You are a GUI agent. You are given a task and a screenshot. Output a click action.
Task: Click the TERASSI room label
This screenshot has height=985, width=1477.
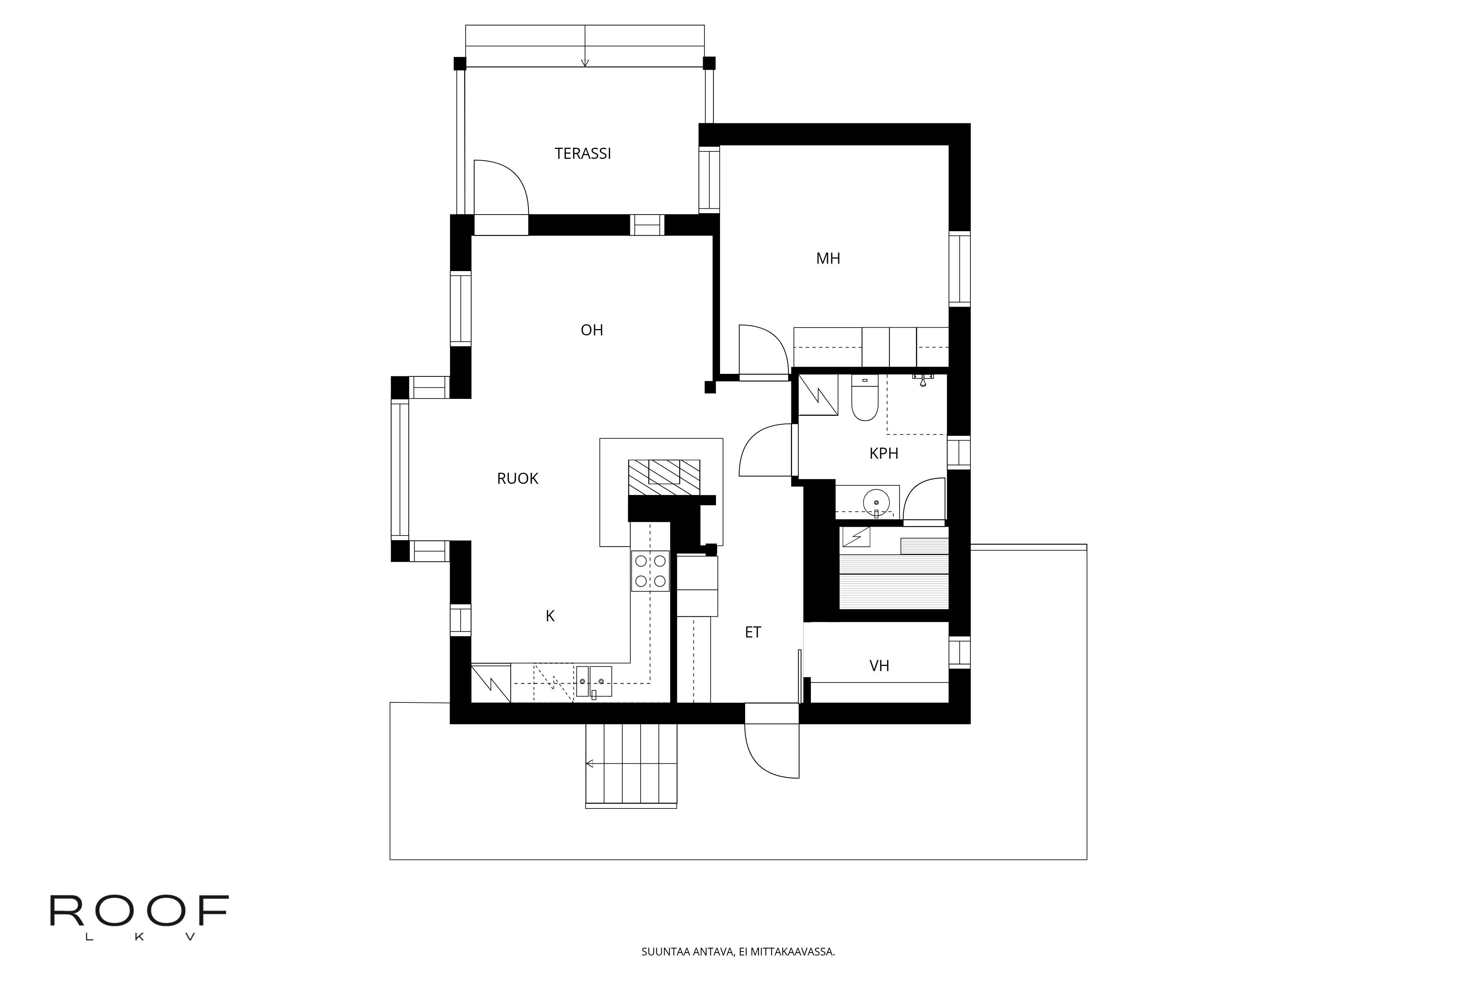[x=583, y=153]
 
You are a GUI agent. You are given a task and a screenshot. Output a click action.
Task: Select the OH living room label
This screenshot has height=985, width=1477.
[x=592, y=330]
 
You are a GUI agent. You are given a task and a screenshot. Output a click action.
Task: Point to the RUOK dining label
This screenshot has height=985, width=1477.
[x=517, y=479]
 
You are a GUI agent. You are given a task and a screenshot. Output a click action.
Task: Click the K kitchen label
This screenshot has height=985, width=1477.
[x=550, y=616]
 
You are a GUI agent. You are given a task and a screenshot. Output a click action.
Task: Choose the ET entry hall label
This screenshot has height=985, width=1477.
[x=753, y=633]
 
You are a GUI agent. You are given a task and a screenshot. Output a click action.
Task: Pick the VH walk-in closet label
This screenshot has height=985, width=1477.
[x=879, y=666]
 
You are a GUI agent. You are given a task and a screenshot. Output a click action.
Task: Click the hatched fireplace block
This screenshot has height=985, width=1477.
[x=664, y=478]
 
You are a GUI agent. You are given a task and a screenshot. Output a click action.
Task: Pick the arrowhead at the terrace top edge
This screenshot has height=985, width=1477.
[x=585, y=62]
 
